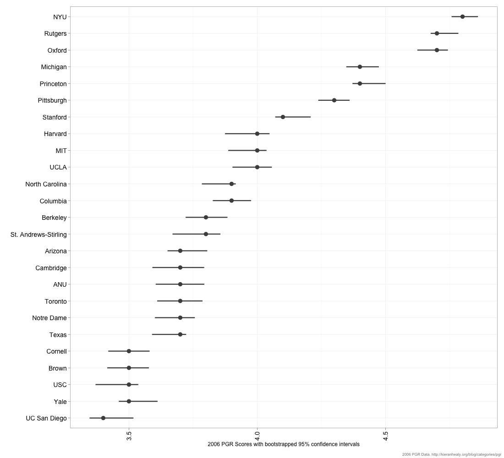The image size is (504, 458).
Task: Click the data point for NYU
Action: (462, 16)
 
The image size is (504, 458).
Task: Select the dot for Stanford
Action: (283, 117)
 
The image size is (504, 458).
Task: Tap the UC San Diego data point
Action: (103, 418)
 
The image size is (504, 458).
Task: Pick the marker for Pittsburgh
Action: (334, 100)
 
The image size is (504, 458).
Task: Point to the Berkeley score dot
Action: (206, 217)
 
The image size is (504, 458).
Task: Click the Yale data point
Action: (129, 401)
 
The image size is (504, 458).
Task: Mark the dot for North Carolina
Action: (231, 184)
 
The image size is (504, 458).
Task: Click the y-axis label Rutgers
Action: (55, 33)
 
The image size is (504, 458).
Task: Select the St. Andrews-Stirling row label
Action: (38, 234)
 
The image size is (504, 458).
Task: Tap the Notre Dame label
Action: (49, 318)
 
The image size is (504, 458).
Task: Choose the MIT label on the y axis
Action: (61, 151)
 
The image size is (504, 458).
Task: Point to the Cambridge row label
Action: (51, 268)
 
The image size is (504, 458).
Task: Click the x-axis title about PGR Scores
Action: (283, 444)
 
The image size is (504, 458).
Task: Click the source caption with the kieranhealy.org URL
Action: (451, 454)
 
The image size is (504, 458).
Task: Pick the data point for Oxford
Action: (437, 50)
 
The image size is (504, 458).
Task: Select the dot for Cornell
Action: (129, 351)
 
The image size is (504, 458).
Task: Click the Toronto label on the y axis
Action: (55, 301)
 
